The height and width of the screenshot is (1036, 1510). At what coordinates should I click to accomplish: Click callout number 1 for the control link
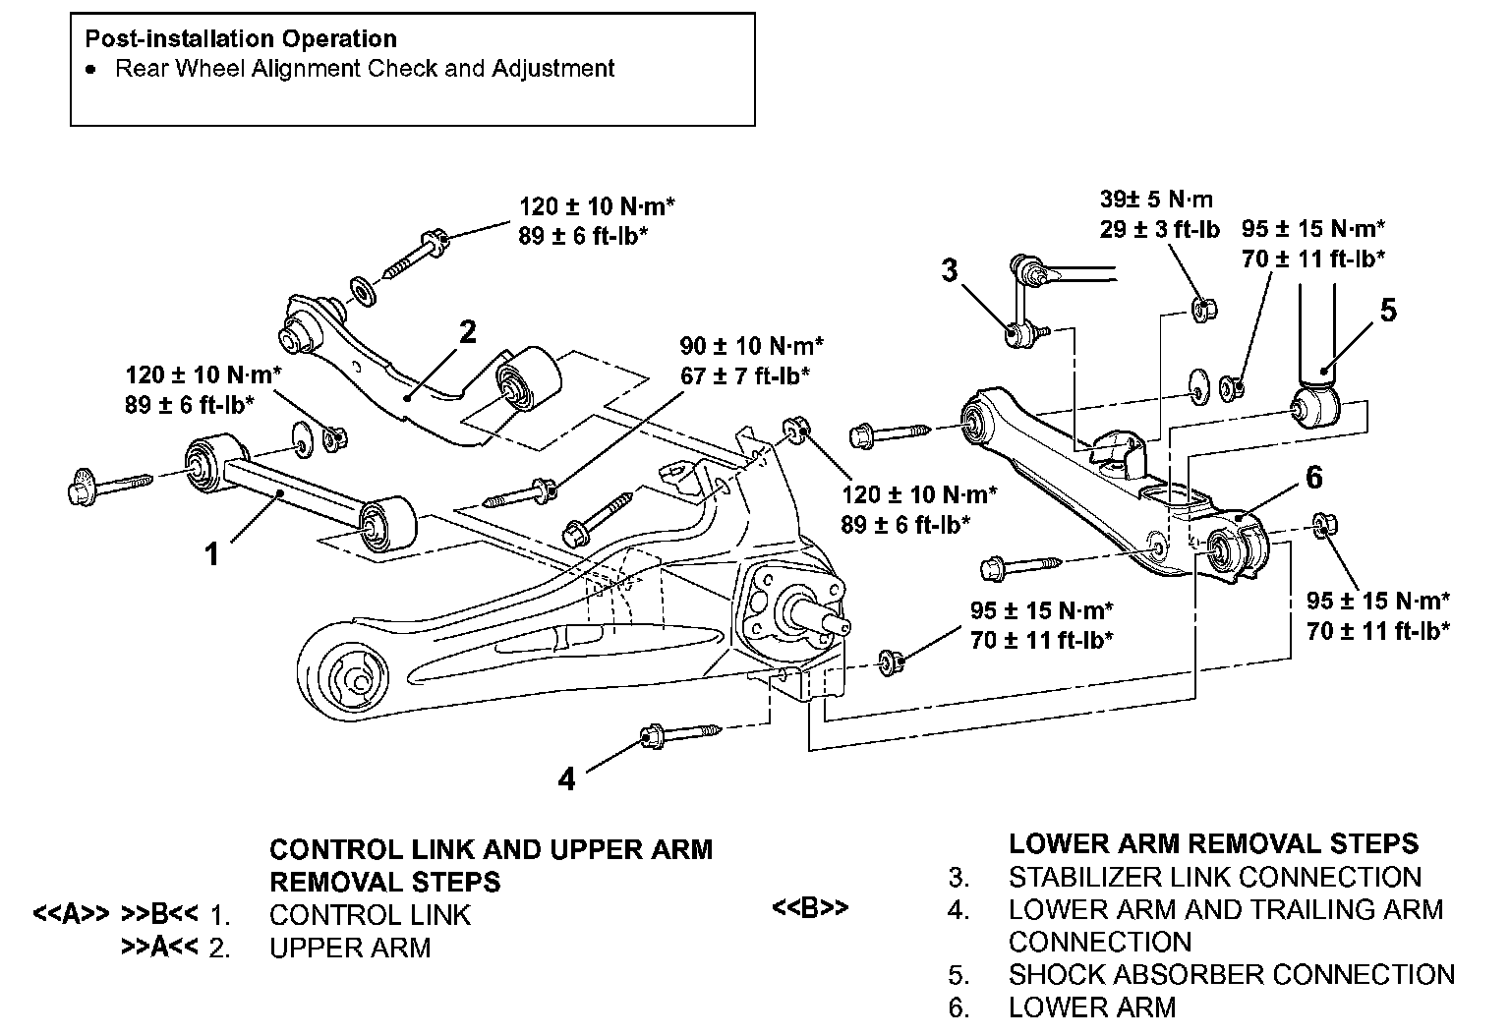(212, 554)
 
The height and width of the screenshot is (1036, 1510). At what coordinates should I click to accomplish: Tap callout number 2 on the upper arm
(468, 332)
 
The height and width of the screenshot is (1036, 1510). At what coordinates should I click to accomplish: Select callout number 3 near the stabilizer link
(949, 269)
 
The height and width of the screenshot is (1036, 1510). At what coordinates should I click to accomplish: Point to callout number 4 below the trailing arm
(566, 778)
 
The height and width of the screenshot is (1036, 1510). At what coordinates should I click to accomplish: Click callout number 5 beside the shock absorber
(1388, 310)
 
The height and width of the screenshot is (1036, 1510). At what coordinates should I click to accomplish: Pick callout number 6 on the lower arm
(1314, 477)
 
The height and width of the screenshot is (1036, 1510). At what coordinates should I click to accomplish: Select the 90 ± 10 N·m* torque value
(751, 346)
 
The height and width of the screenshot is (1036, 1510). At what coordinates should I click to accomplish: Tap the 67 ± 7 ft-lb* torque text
(745, 374)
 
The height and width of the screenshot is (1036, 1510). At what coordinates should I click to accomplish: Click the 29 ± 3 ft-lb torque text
(1160, 229)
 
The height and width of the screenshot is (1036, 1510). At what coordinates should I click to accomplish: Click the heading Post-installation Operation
(241, 39)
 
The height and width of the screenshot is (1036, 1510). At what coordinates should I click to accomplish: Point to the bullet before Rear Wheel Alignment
(90, 70)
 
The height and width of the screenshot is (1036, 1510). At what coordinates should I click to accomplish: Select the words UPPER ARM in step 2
(350, 948)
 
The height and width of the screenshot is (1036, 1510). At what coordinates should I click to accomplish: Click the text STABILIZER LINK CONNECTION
(1215, 877)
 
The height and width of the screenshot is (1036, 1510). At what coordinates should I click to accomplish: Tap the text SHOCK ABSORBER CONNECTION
(1232, 974)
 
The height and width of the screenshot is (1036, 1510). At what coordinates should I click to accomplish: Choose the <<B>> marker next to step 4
(810, 908)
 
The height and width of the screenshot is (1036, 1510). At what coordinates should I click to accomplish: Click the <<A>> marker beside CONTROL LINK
(71, 914)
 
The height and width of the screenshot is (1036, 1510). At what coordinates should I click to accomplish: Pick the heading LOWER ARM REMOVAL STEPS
(1214, 843)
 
